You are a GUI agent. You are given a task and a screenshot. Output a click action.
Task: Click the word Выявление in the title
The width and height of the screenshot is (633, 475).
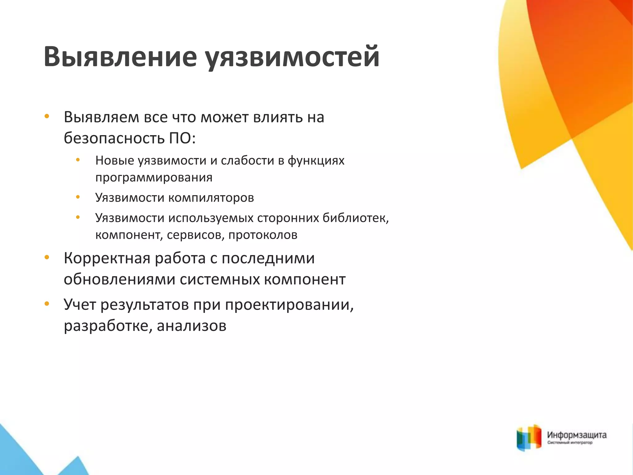click(x=120, y=57)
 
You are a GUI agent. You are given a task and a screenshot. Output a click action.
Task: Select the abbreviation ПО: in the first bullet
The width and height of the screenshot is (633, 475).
click(x=182, y=138)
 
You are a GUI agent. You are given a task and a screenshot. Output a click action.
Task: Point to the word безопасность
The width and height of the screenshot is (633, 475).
click(x=114, y=138)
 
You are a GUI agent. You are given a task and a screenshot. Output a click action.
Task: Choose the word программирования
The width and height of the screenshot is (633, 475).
click(x=154, y=178)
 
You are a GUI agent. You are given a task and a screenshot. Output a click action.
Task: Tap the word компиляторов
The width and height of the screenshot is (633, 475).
click(x=211, y=198)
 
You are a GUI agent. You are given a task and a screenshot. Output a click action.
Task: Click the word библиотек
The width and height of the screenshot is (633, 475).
click(x=355, y=218)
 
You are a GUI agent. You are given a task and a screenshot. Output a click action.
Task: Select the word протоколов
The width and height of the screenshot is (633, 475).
click(x=263, y=235)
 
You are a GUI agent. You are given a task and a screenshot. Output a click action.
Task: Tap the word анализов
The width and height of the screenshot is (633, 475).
click(x=192, y=326)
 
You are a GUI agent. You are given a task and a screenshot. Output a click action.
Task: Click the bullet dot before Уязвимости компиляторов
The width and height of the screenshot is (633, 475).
click(x=78, y=197)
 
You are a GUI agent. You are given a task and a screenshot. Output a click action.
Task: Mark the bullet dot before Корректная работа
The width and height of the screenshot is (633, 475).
click(x=47, y=257)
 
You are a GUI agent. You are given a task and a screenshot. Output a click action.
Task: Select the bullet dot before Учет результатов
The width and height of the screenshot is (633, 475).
click(x=47, y=304)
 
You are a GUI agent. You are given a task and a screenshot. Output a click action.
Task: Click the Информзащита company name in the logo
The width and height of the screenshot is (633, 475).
click(x=577, y=435)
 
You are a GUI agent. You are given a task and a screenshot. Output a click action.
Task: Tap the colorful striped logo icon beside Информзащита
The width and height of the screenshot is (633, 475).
click(x=529, y=438)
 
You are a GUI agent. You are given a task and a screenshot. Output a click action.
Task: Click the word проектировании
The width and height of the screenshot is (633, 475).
click(x=289, y=305)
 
